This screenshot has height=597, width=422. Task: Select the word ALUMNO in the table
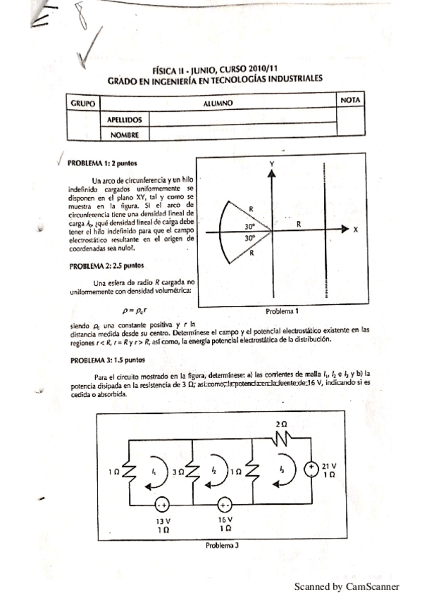tap(218, 103)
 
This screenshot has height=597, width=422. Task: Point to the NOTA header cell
tap(350, 101)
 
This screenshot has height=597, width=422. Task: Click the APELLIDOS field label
tap(125, 120)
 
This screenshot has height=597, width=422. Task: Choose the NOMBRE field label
tap(124, 134)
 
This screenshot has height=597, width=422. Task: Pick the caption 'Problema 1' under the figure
tap(283, 310)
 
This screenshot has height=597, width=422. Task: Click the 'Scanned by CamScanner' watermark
tap(347, 586)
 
